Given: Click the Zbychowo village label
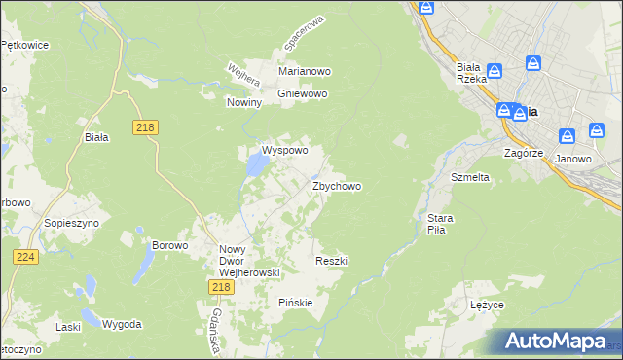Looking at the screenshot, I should click(x=337, y=186).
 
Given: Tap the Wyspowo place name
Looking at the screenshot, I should click(x=284, y=151).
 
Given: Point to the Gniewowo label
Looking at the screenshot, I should click(x=304, y=93).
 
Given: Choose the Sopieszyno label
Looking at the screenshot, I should click(x=67, y=223).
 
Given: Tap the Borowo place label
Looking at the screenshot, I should click(x=169, y=245).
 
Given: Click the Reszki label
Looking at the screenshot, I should click(x=332, y=261).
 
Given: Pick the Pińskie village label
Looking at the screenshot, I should click(x=295, y=302).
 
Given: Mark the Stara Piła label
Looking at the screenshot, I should click(x=435, y=225).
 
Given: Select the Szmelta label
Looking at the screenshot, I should click(x=469, y=178).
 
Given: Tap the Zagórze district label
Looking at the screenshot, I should click(x=523, y=153).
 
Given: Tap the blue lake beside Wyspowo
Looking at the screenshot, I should click(x=256, y=166).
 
